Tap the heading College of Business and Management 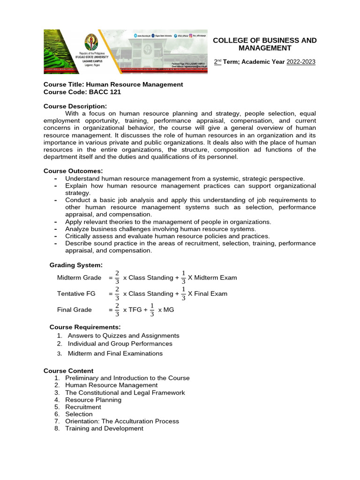tap(264, 44)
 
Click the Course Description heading tap(75, 106)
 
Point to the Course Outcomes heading tap(73, 171)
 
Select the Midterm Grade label tap(79, 278)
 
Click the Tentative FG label tap(76, 294)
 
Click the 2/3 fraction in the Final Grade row tap(117, 310)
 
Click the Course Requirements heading tap(85, 327)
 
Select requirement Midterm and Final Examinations tap(115, 353)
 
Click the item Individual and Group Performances tap(120, 344)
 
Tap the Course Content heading tap(68, 371)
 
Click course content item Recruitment tap(83, 407)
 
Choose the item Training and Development tap(104, 428)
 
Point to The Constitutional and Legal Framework tap(125, 392)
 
